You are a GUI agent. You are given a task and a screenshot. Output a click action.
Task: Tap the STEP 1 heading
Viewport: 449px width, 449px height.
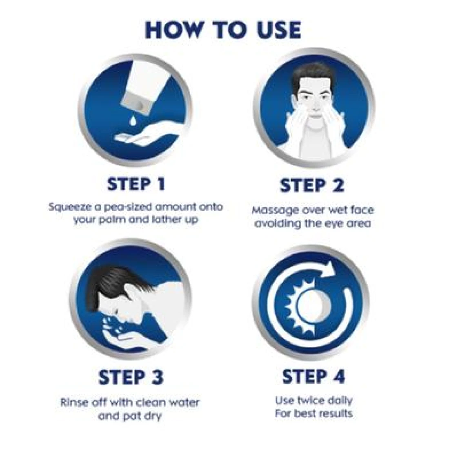coord(136,184)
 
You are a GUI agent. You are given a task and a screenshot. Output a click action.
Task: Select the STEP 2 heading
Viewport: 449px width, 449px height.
coord(312,186)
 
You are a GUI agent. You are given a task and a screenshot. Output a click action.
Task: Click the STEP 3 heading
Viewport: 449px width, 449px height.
coord(131,377)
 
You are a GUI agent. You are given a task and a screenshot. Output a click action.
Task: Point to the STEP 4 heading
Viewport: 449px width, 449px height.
coord(313,376)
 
